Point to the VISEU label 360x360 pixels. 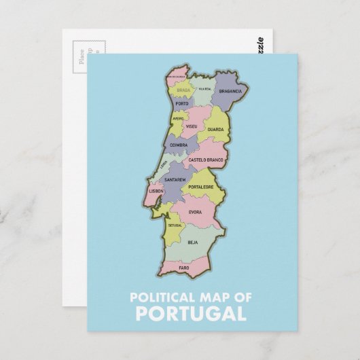[x=191, y=126]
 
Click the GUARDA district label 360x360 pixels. [x=215, y=128]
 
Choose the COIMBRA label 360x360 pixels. [x=179, y=145]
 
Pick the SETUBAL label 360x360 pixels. [x=175, y=224]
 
